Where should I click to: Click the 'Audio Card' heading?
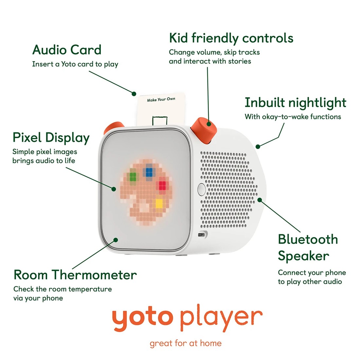(67, 50)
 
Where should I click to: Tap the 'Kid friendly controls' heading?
(231, 38)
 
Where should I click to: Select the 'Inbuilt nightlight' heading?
(295, 103)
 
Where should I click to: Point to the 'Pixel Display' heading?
(51, 138)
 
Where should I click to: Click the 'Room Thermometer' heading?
(75, 275)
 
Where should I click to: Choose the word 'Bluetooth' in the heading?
(308, 240)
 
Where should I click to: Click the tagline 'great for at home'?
(186, 343)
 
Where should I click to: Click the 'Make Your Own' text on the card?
(161, 99)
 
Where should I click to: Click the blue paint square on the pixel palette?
(149, 172)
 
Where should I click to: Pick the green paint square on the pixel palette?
(133, 177)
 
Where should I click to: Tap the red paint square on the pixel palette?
(162, 185)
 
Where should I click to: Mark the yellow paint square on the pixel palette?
(159, 204)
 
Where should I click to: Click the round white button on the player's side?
(201, 189)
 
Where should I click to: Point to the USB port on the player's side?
(203, 234)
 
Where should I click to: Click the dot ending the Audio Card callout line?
(134, 94)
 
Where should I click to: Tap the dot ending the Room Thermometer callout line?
(116, 240)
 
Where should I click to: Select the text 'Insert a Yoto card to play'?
(75, 64)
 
